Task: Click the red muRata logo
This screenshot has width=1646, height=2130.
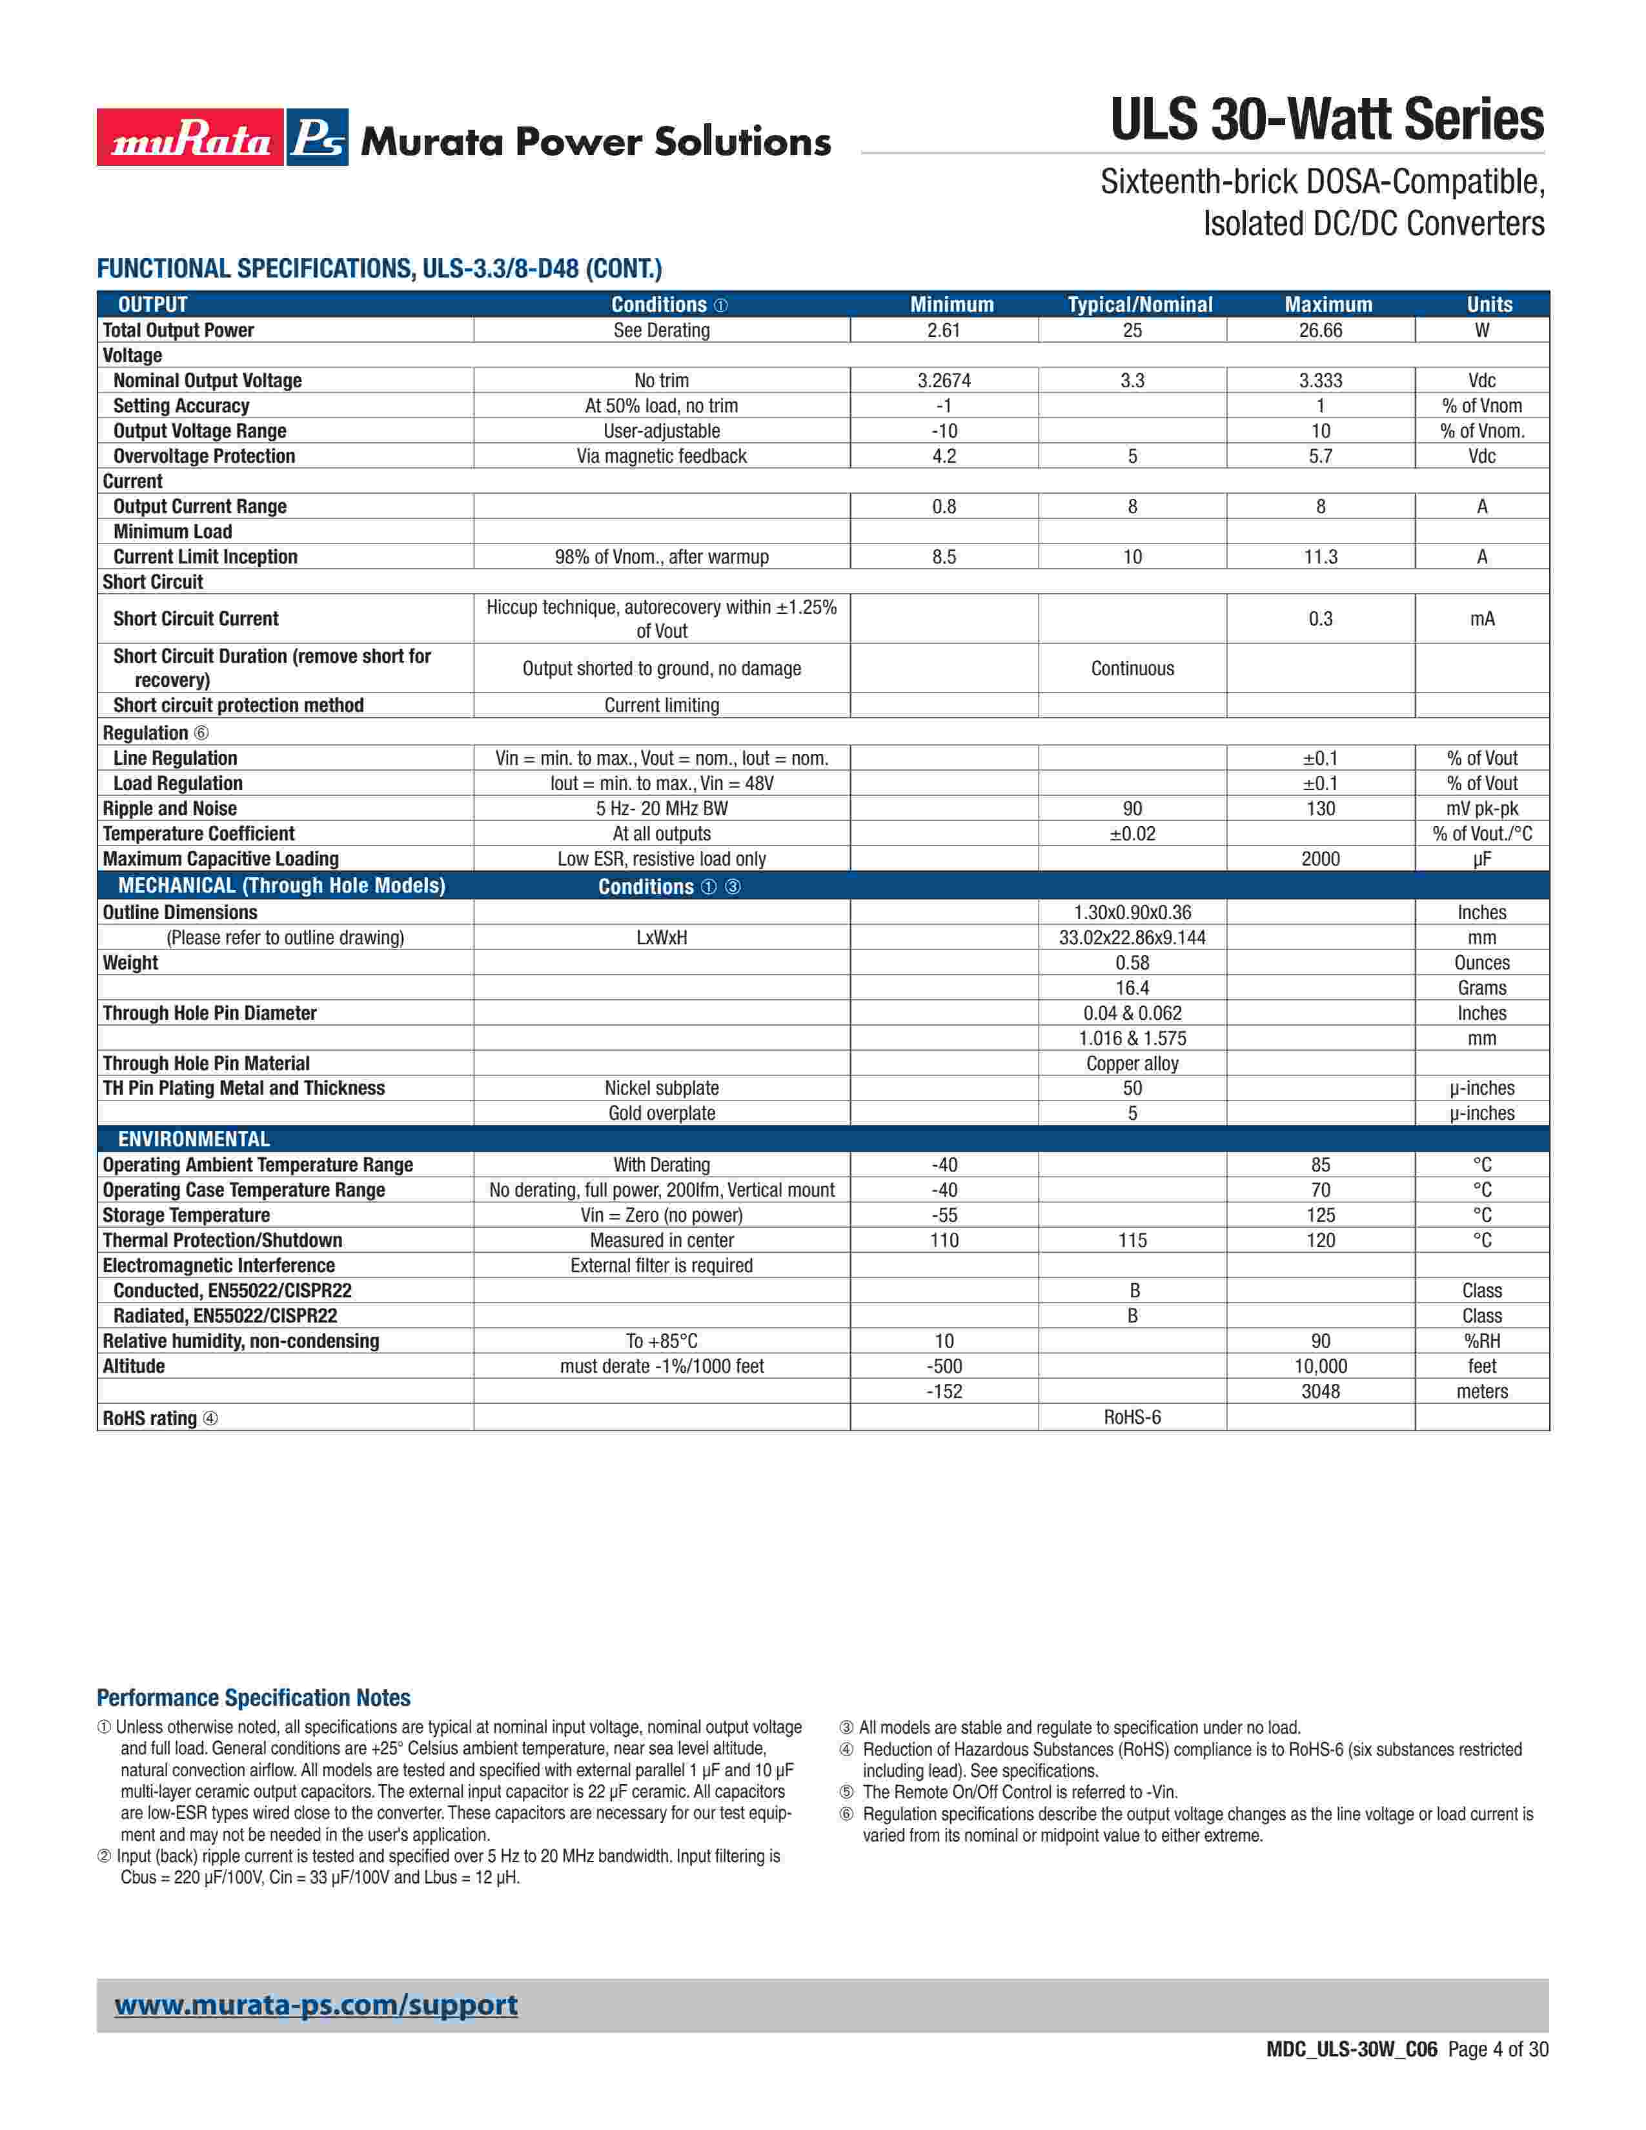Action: (x=190, y=137)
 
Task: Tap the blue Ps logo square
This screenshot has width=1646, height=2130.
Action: (x=318, y=137)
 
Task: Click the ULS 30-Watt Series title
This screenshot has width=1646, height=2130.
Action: (x=1326, y=120)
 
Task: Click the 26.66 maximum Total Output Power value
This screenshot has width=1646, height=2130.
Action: (x=1320, y=330)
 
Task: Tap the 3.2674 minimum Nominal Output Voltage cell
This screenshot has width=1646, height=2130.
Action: (x=943, y=380)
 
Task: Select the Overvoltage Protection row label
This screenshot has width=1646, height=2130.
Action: (x=204, y=456)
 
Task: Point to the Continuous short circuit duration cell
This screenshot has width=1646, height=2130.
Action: (x=1132, y=668)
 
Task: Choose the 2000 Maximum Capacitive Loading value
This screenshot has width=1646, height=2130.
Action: (x=1320, y=859)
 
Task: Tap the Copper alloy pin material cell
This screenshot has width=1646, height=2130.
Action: (x=1132, y=1064)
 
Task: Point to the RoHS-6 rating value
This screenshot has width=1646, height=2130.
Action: (x=1132, y=1417)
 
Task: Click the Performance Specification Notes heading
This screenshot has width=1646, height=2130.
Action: (x=254, y=1698)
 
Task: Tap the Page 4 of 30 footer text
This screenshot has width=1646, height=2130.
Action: (x=1498, y=2049)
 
